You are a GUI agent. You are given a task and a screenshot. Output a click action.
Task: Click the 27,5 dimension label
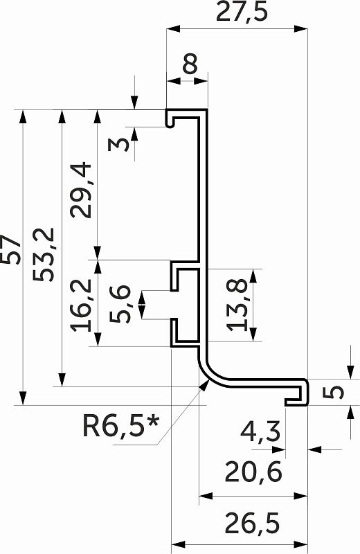[x=242, y=12]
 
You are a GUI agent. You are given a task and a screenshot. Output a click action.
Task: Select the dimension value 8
[x=191, y=64]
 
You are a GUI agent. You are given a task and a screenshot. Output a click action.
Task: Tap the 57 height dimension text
[x=10, y=249]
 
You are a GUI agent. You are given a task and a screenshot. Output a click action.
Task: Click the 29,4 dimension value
[x=81, y=189]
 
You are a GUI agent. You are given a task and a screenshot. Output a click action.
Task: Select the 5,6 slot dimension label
[x=120, y=304]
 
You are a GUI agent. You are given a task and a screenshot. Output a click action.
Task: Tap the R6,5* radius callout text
[x=121, y=426]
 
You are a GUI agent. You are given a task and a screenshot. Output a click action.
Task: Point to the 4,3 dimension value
[x=260, y=431]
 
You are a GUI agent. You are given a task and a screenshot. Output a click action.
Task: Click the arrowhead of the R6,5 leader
[x=204, y=385]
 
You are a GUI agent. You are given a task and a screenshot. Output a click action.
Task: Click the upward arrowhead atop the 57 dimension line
[x=23, y=116]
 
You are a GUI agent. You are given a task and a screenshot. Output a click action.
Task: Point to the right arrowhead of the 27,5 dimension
[x=301, y=29]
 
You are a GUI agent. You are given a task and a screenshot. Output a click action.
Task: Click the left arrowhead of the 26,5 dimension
[x=178, y=544]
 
